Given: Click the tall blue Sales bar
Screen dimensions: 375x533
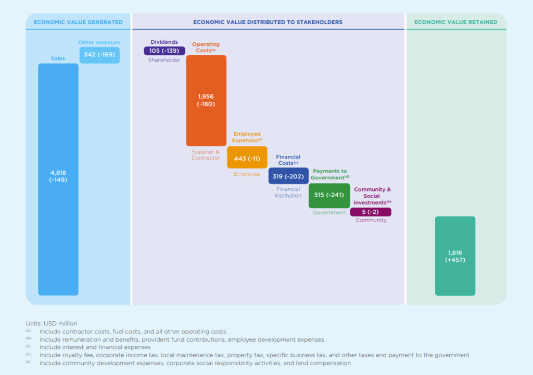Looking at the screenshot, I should (58, 179).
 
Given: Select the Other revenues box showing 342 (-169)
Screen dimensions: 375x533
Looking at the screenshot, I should (99, 55).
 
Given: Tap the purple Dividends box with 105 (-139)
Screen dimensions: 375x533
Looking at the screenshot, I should (164, 51).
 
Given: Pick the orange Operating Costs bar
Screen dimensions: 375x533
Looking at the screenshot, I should (206, 100).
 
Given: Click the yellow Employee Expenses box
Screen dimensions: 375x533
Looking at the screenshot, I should (247, 158).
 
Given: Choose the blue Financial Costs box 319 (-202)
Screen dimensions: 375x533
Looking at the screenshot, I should (288, 176).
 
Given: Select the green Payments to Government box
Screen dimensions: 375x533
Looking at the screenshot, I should (329, 195).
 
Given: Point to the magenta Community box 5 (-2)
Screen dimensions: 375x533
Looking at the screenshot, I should (370, 212).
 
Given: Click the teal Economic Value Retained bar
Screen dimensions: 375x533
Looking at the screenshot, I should (455, 256).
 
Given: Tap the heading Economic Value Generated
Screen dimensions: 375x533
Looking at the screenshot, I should (78, 22).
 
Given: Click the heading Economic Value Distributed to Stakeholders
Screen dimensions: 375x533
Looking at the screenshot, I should (268, 22).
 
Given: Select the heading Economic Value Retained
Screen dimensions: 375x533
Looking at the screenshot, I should (455, 22).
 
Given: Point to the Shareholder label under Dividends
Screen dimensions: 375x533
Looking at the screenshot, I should (165, 60).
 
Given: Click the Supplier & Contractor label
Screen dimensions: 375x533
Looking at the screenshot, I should (206, 155).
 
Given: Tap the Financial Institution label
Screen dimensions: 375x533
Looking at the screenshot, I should (288, 192).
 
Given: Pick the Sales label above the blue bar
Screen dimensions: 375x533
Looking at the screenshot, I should (58, 58).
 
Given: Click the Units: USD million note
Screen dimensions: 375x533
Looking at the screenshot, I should (51, 324).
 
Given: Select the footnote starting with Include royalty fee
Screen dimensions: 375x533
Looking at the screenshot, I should (254, 355).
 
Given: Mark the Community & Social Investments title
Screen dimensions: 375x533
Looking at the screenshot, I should (372, 196).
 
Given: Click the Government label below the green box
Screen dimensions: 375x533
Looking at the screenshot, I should (328, 213).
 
